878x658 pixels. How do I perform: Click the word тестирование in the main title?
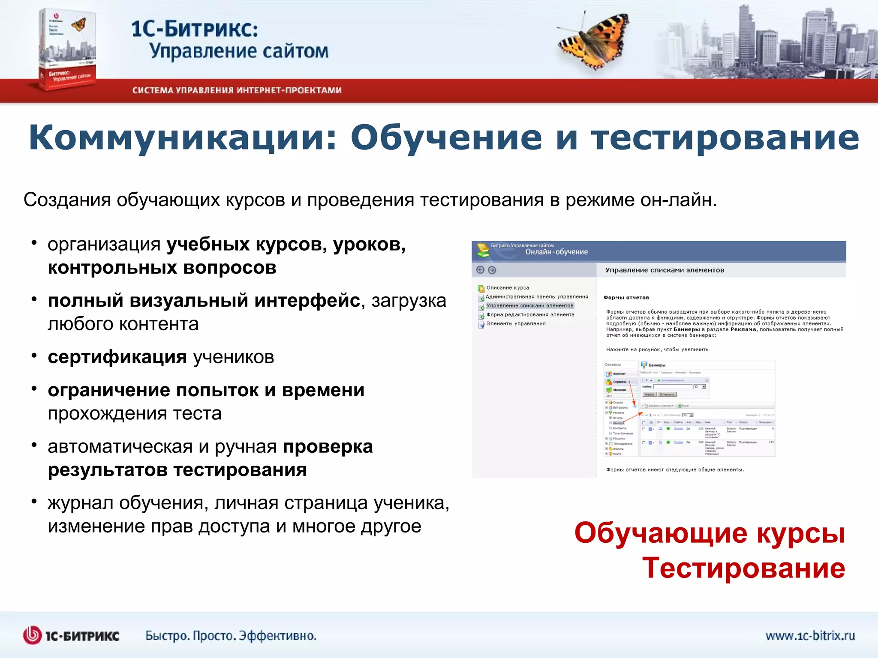(725, 138)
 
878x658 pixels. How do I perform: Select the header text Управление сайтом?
(239, 51)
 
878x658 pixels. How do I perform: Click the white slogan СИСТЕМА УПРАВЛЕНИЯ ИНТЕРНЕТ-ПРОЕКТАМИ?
(237, 90)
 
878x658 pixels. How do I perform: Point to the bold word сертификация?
(117, 357)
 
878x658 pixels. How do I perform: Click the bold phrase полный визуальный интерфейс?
(204, 300)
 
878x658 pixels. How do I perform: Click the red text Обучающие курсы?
(710, 533)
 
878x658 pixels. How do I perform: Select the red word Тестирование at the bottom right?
(743, 568)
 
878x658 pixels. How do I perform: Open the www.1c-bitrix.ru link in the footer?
(810, 635)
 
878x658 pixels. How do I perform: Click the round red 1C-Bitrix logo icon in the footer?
(33, 635)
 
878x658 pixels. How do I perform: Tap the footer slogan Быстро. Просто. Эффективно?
(231, 636)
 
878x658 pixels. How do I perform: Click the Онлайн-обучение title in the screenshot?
(556, 252)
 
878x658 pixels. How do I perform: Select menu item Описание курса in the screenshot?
(508, 288)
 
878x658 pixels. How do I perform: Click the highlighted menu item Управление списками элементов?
(529, 306)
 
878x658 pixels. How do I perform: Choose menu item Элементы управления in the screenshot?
(516, 324)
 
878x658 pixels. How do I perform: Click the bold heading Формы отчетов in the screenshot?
(626, 298)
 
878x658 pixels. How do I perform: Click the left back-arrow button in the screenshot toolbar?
(480, 270)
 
